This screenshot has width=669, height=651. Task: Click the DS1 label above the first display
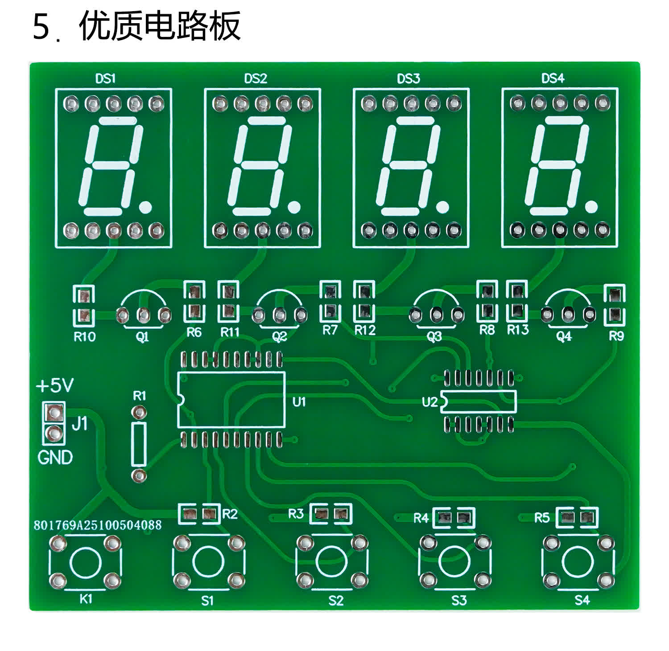pyautogui.click(x=105, y=79)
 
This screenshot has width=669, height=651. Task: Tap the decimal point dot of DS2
pyautogui.click(x=294, y=206)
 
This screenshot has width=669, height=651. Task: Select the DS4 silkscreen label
pyautogui.click(x=553, y=78)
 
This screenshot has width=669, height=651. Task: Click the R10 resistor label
pyautogui.click(x=84, y=337)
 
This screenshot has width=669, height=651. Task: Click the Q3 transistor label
pyautogui.click(x=434, y=336)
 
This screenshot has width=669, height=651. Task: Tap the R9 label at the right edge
pyautogui.click(x=616, y=336)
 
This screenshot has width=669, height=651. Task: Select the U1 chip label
pyautogui.click(x=299, y=401)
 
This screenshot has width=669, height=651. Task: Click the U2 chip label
pyautogui.click(x=429, y=402)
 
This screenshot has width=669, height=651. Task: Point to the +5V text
pyautogui.click(x=55, y=386)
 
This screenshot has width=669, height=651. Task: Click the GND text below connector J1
pyautogui.click(x=55, y=458)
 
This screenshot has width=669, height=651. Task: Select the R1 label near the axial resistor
pyautogui.click(x=140, y=395)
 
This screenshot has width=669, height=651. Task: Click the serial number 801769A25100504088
pyautogui.click(x=98, y=525)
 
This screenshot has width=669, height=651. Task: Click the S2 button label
pyautogui.click(x=336, y=601)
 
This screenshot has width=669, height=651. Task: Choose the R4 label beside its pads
pyautogui.click(x=421, y=518)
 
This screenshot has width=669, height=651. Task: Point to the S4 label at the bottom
pyautogui.click(x=582, y=600)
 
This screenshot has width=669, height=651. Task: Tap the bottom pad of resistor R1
pyautogui.click(x=139, y=475)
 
